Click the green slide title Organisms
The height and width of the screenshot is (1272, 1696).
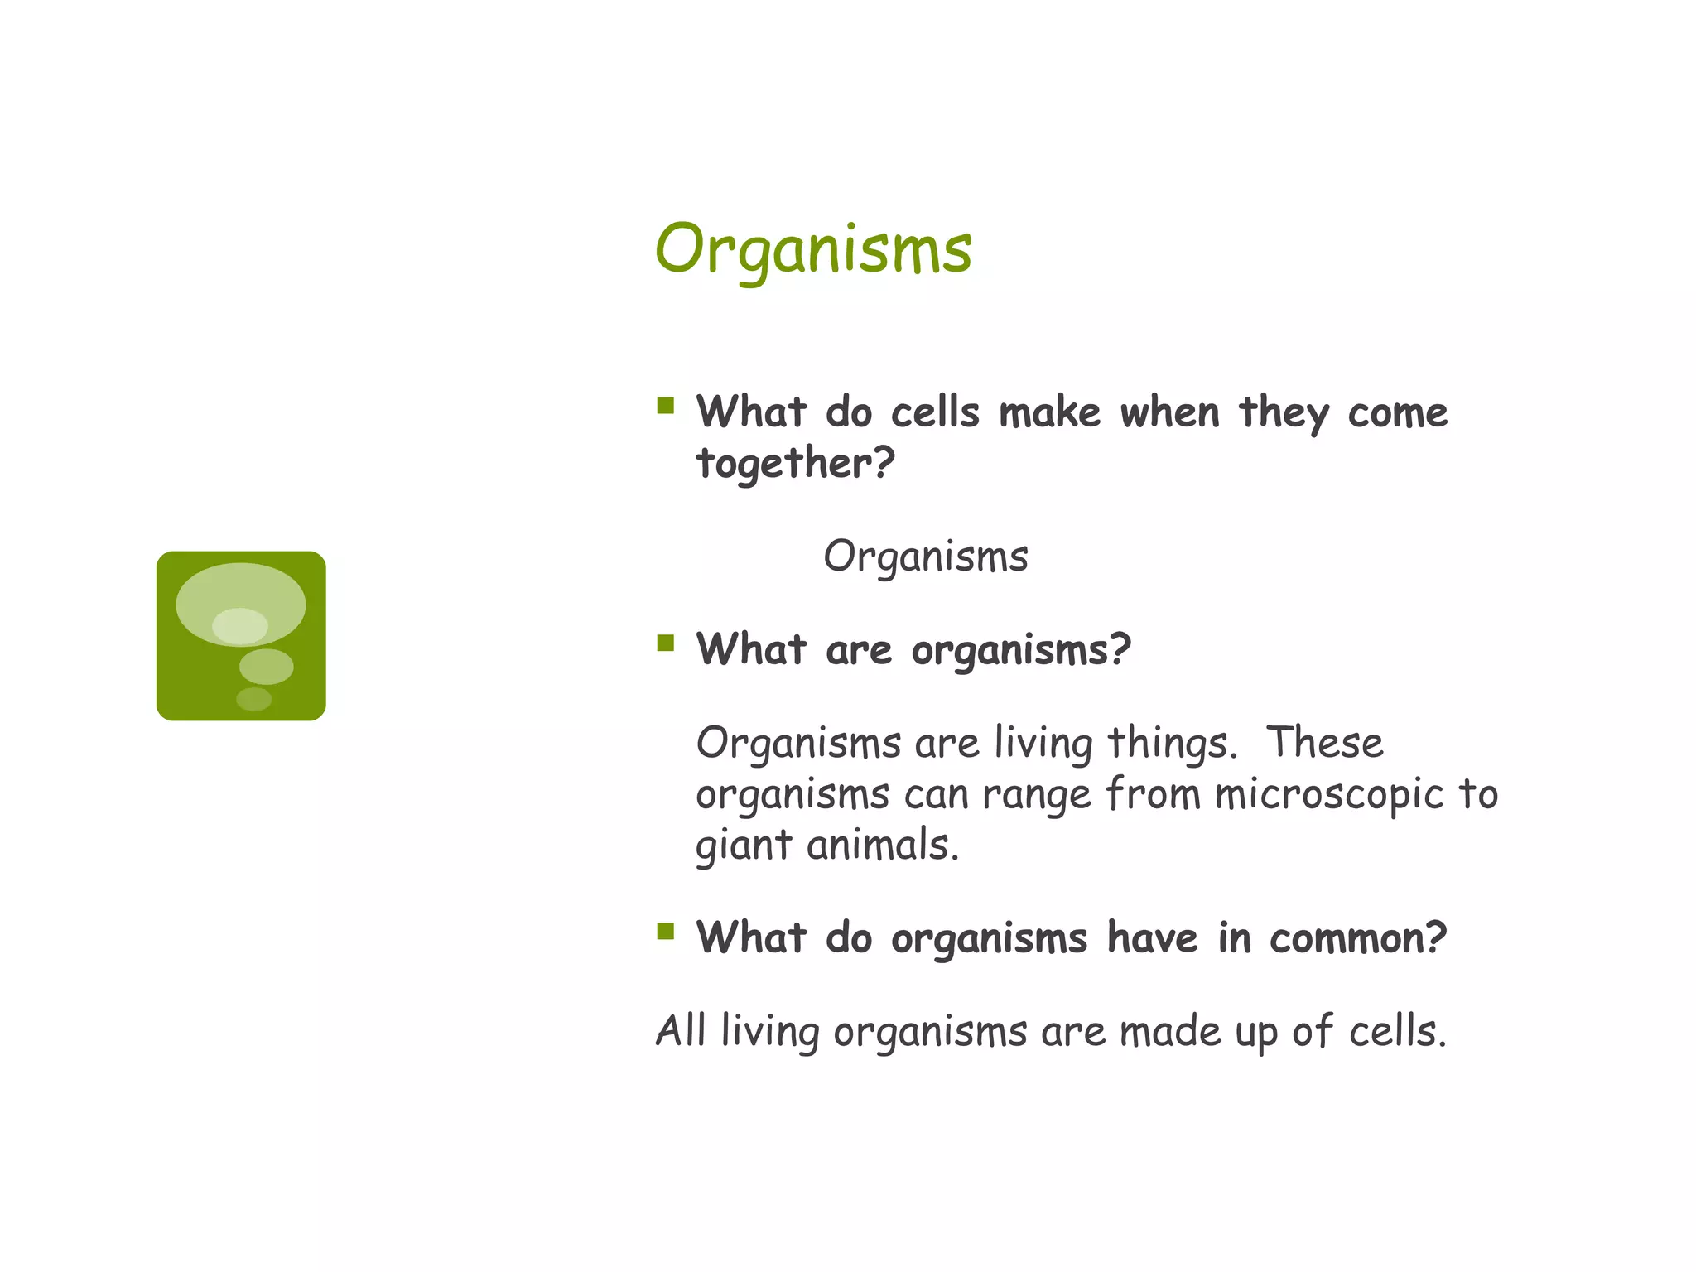813,249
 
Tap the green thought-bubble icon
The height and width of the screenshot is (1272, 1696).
241,635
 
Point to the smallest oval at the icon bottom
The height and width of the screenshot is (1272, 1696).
253,699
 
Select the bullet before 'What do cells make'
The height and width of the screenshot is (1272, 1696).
665,406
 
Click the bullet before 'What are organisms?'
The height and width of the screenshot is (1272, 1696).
665,643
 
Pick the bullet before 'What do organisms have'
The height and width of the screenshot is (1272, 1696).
665,932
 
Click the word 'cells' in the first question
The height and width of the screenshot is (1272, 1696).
935,412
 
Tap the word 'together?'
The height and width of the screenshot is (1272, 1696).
795,463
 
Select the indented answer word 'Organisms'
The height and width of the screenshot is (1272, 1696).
925,556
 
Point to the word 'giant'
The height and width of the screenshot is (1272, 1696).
744,846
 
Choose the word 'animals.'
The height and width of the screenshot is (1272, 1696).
883,846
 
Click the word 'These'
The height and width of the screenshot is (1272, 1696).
1325,742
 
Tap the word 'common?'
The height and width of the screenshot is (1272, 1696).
1358,938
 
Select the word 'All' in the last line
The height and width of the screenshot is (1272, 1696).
680,1031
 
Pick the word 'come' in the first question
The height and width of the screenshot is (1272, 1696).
1398,412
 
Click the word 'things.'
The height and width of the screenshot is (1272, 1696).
1172,743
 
